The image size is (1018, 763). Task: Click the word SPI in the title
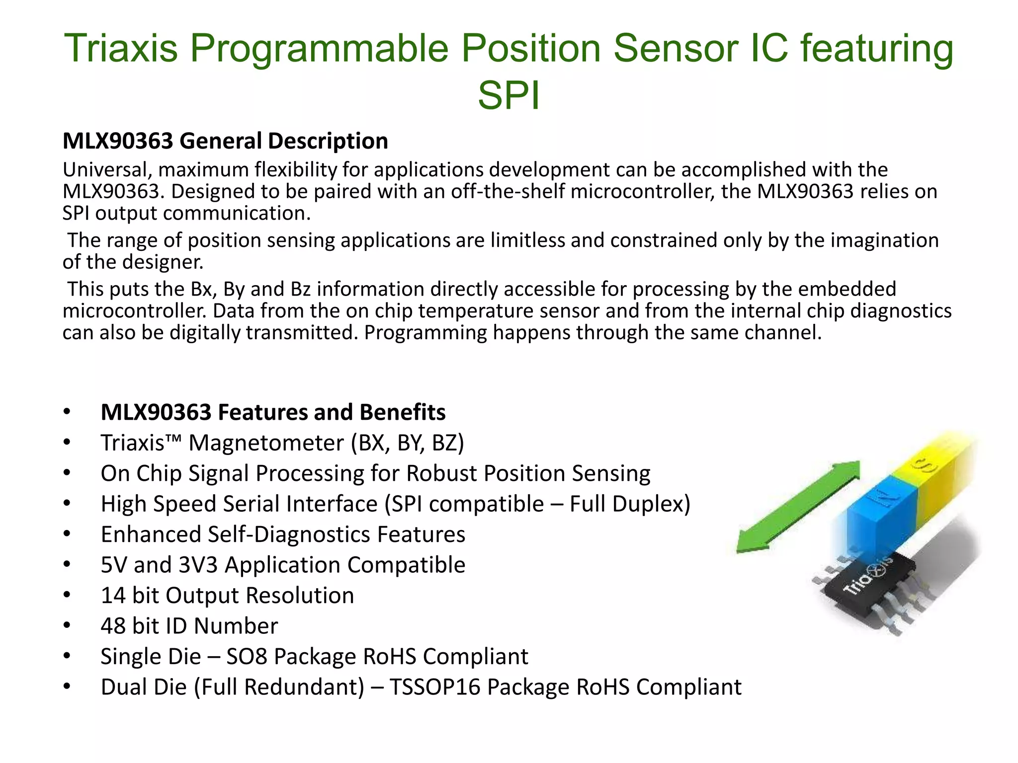pyautogui.click(x=509, y=95)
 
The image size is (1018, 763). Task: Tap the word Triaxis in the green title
pyautogui.click(x=121, y=48)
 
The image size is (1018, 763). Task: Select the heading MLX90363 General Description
pyautogui.click(x=225, y=141)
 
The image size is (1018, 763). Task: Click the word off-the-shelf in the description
pyautogui.click(x=508, y=191)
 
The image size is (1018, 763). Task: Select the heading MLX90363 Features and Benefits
pyautogui.click(x=273, y=412)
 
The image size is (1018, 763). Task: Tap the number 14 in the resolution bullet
pyautogui.click(x=113, y=596)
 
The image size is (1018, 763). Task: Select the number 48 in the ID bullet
pyautogui.click(x=113, y=626)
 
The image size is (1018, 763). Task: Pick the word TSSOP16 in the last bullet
pyautogui.click(x=435, y=687)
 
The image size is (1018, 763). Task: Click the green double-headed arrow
pyautogui.click(x=798, y=507)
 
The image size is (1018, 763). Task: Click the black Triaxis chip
pyautogui.click(x=870, y=586)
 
